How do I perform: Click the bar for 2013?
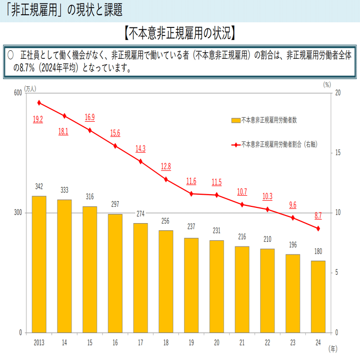[39, 264]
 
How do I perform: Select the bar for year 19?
[191, 285]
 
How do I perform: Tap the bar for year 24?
[318, 297]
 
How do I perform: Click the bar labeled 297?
[115, 273]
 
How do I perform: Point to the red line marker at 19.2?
[39, 102]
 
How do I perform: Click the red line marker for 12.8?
[166, 179]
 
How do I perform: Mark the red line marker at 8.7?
[318, 228]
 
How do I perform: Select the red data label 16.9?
[90, 118]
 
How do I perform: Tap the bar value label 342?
[39, 187]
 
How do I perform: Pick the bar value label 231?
[217, 231]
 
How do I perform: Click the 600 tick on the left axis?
[17, 93]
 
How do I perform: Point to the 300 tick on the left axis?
[17, 213]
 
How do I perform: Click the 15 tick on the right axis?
[338, 153]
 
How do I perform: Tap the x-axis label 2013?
[39, 343]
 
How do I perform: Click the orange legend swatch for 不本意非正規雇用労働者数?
[236, 120]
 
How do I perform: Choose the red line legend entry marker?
[236, 145]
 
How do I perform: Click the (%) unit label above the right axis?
[327, 85]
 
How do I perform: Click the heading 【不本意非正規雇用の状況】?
[180, 34]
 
